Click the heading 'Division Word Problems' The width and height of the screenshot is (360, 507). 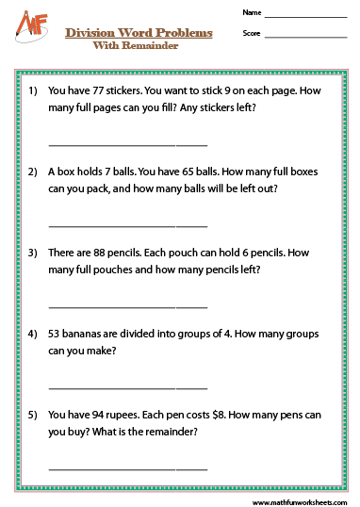point(139,33)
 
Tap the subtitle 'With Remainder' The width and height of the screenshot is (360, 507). point(139,44)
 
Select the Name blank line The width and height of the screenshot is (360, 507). point(306,16)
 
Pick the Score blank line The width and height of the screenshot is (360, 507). point(306,36)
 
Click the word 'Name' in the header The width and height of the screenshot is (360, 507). point(250,13)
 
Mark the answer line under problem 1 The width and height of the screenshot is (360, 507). point(127,144)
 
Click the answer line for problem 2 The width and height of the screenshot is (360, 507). point(127,225)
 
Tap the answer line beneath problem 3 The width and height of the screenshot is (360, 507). point(127,306)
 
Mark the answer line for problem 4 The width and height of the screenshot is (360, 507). point(127,387)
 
